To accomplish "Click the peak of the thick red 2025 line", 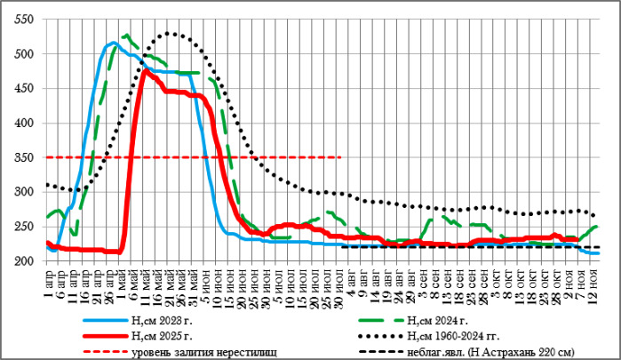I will (x=145, y=70).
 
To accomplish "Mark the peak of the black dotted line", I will (x=170, y=34).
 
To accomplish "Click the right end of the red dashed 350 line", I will (x=341, y=157).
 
